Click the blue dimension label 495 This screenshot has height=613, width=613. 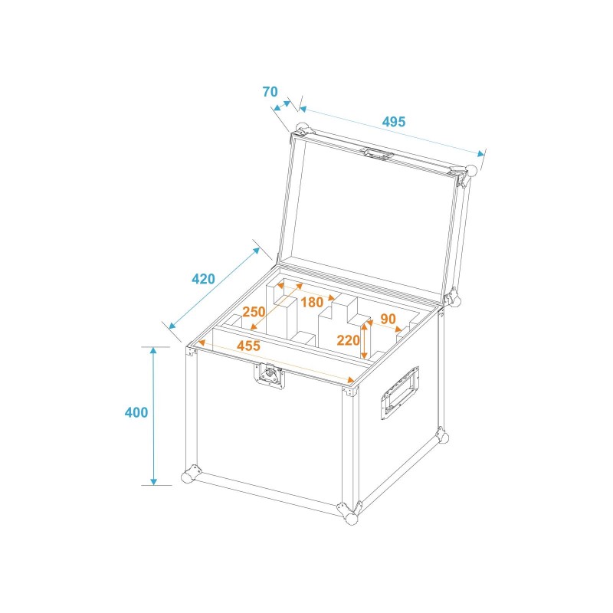(394, 121)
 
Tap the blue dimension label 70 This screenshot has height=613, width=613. (270, 92)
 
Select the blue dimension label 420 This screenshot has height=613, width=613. (203, 279)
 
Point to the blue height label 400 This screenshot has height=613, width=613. (136, 412)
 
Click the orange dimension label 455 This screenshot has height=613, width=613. (248, 346)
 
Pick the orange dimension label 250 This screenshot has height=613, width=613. (254, 312)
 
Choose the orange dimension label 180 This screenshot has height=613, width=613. (312, 302)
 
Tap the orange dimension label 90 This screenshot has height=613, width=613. (388, 319)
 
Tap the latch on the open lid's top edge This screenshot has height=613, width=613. (378, 153)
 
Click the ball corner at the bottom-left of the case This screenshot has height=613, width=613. (188, 476)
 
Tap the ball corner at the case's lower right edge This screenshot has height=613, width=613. (440, 438)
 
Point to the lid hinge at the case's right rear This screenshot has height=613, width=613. (453, 299)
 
